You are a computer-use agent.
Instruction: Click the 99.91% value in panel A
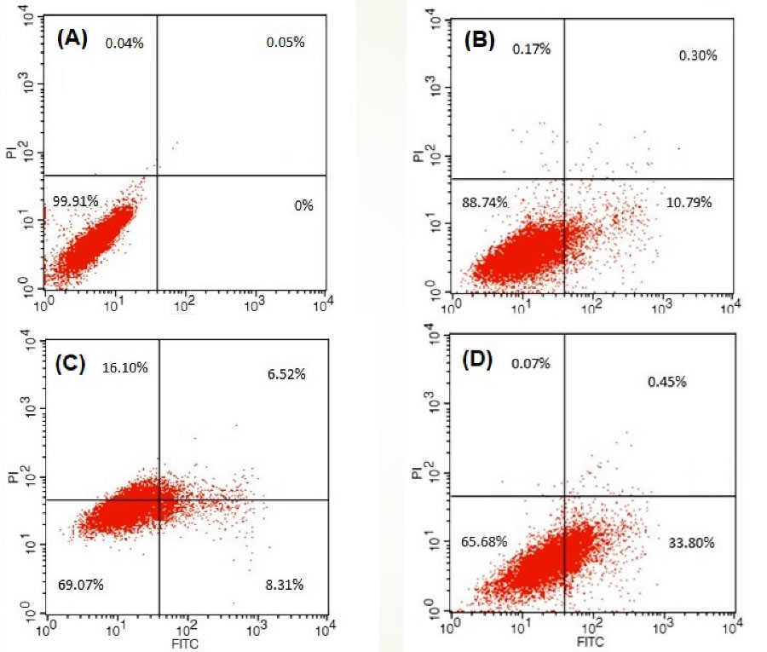(76, 201)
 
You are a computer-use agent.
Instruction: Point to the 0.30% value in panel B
(698, 55)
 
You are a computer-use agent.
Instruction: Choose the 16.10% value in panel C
(124, 367)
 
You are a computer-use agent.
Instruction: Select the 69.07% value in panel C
(81, 585)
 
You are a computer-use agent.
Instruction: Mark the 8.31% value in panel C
(285, 585)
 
